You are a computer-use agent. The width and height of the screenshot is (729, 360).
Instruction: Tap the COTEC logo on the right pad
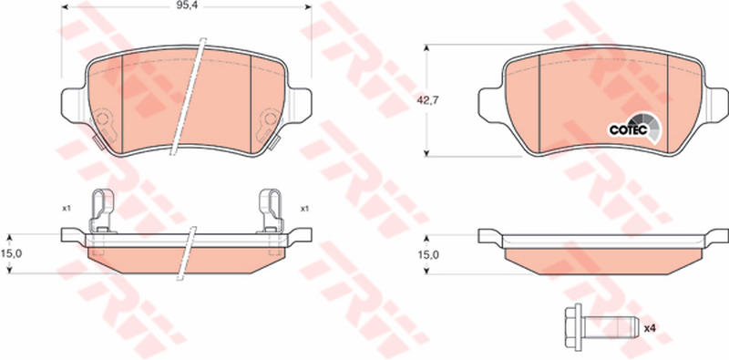pyautogui.click(x=634, y=128)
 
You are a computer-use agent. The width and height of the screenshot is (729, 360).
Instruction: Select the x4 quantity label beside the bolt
pyautogui.click(x=650, y=328)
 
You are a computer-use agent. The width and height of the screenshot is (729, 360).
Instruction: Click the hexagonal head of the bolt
pyautogui.click(x=574, y=327)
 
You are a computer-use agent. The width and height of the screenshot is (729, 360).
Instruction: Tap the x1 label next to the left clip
pyautogui.click(x=66, y=209)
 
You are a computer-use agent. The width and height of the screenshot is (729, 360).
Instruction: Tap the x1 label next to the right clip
pyautogui.click(x=304, y=209)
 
